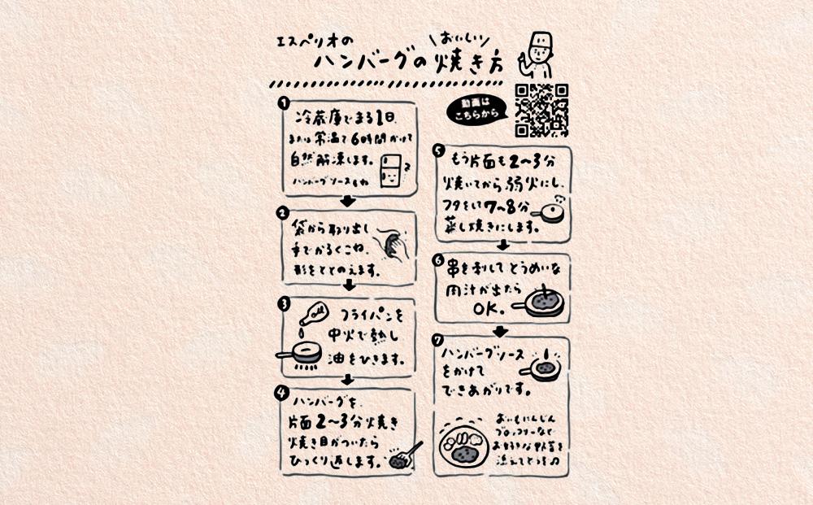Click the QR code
pos(541,110)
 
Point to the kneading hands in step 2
pos(396,246)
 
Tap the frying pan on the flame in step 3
pos(302,355)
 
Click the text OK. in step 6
pos(488,308)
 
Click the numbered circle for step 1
pos(282,103)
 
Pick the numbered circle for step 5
pos(438,150)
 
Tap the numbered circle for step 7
pos(438,340)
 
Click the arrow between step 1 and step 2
pos(347,202)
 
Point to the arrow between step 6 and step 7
pos(501,329)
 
